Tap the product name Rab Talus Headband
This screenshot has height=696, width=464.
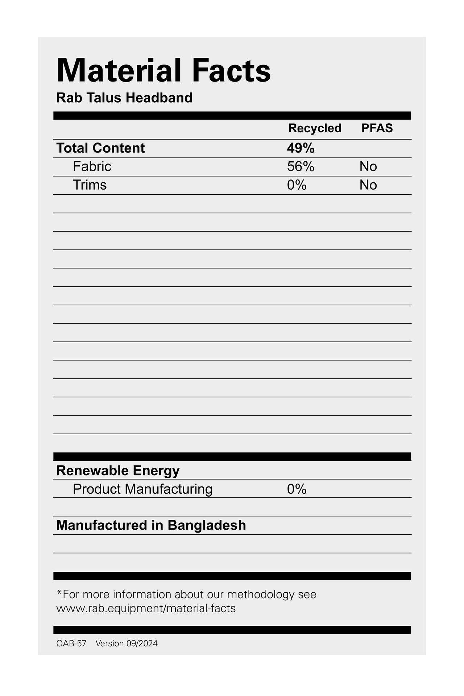124,98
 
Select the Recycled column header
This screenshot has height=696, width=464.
315,128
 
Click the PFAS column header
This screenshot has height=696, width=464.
377,128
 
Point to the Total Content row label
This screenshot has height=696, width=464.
100,148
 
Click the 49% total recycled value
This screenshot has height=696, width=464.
301,148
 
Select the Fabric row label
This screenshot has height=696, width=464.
92,167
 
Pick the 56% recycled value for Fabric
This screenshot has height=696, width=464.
301,167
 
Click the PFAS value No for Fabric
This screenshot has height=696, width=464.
368,167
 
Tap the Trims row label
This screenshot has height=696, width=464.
90,185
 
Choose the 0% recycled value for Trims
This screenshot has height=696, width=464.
297,185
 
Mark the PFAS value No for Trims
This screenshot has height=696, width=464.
368,185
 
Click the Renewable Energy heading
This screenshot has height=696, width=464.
118,471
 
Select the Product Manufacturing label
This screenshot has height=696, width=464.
142,489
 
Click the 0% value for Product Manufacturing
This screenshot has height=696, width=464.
297,489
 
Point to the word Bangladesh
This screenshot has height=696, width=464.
207,526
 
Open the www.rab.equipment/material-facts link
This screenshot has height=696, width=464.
146,608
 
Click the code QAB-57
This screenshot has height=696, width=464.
71,643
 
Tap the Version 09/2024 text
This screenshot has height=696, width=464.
127,643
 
